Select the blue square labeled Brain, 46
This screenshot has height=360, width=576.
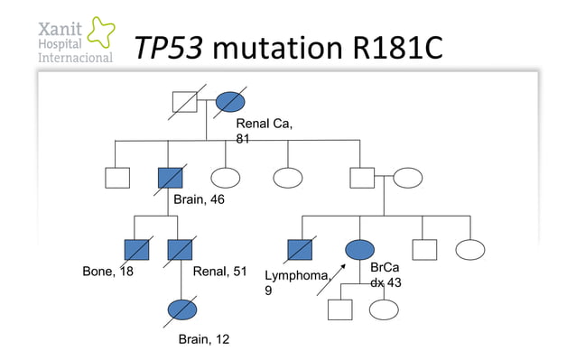(x=168, y=177)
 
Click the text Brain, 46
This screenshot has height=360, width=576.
(x=199, y=199)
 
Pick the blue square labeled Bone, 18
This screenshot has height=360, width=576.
(x=135, y=249)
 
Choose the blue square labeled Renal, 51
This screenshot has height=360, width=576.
(x=181, y=249)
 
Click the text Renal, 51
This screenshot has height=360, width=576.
(x=220, y=272)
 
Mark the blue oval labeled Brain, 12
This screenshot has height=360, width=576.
(x=181, y=308)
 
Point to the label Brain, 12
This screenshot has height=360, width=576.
(x=203, y=339)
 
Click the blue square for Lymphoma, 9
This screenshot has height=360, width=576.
(x=298, y=249)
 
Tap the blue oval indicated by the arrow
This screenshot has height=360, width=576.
(x=359, y=249)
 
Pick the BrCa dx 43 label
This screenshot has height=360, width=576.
(x=386, y=275)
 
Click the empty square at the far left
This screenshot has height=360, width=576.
(x=117, y=177)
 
